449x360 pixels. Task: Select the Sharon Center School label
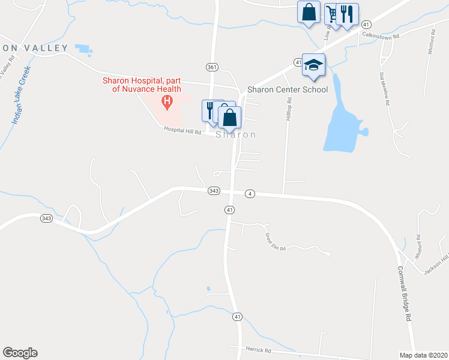[288, 90]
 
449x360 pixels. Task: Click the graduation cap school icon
[313, 64]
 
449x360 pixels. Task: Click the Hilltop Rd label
[289, 110]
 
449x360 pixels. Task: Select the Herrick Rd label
[259, 349]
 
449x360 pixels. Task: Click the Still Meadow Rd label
[384, 89]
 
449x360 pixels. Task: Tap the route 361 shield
[211, 67]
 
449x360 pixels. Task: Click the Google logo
[19, 353]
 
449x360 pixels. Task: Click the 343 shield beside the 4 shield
[214, 191]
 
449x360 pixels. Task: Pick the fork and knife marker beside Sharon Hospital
[210, 110]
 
